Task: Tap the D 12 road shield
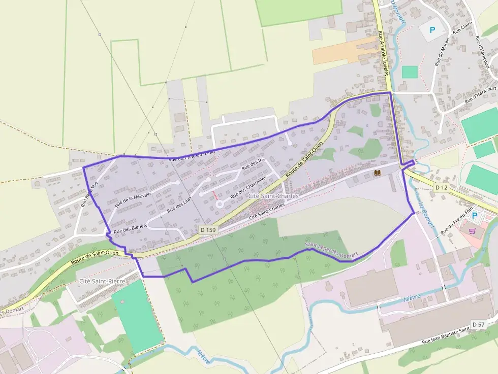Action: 442,188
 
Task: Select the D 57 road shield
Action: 478,324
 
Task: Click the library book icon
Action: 378,174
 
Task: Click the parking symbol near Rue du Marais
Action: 432,30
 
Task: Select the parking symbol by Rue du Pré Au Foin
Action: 475,216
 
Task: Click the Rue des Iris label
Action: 253,164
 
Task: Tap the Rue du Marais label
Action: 440,54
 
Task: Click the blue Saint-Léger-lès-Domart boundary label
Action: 331,249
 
